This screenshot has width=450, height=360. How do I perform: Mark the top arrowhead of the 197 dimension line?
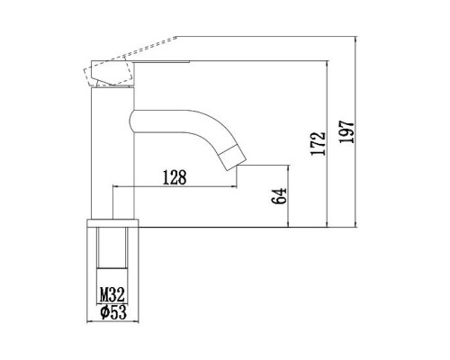358,40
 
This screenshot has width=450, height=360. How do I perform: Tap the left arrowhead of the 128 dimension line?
113,186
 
